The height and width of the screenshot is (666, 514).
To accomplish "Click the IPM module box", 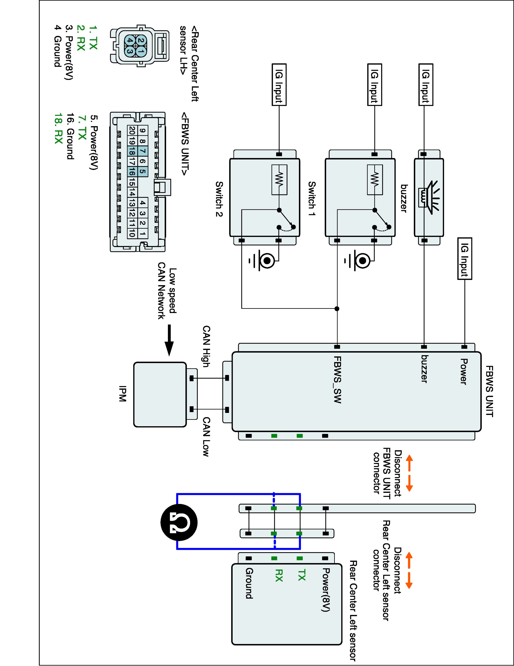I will (160, 394).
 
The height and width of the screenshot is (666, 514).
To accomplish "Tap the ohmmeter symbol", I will (179, 522).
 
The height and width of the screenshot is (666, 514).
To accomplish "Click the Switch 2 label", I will (219, 199).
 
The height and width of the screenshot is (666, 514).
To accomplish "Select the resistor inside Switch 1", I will (375, 180).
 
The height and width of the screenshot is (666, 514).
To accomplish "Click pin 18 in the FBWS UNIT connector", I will (131, 151).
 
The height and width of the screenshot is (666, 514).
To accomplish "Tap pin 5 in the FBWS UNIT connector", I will (142, 171).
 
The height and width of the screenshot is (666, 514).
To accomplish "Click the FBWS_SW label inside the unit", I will (337, 380).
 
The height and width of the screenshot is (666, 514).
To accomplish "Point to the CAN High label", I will (206, 346).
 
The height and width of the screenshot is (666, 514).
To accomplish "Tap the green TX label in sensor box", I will (301, 575).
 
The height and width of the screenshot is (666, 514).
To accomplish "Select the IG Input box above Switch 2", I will (279, 84).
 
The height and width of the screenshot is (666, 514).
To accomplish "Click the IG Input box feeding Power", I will (464, 259).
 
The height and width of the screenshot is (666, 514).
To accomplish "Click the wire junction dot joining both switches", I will (337, 309).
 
